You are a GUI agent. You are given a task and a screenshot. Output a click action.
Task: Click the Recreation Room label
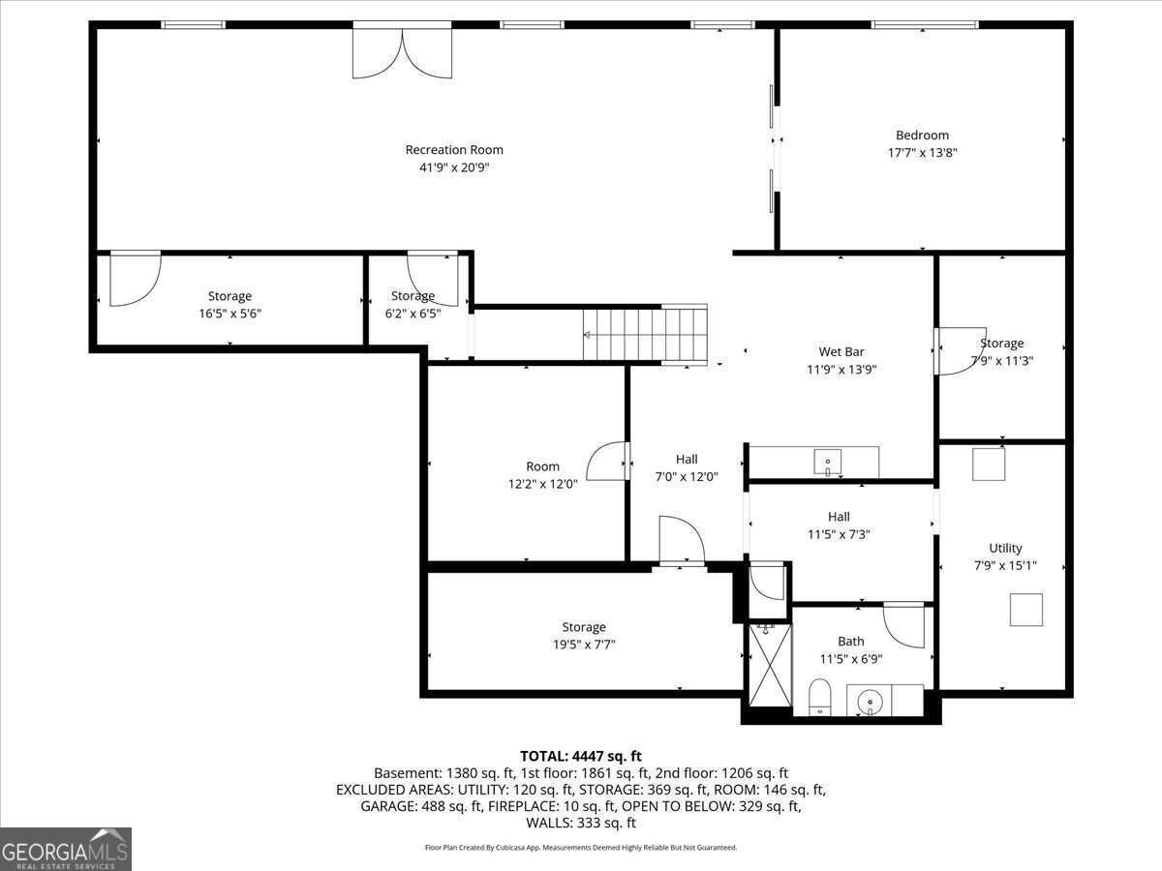[x=454, y=150]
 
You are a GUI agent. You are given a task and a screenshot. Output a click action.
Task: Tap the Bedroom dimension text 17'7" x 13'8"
[x=923, y=153]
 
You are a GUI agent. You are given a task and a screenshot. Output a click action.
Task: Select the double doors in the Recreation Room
[x=401, y=53]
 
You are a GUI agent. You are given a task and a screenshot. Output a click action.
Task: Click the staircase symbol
[x=647, y=334]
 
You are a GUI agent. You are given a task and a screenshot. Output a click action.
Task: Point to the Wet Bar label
[x=841, y=352]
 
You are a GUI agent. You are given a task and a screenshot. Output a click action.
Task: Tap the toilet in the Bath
[x=820, y=696]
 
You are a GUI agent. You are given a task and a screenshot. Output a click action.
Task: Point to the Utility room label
[x=1005, y=548]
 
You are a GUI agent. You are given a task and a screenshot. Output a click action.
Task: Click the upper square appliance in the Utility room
[x=989, y=465]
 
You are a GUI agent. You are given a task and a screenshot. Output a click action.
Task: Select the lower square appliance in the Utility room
[x=1026, y=611]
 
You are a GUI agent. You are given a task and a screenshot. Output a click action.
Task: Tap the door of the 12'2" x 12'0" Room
[x=608, y=461]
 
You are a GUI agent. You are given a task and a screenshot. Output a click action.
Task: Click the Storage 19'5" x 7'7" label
[x=583, y=627]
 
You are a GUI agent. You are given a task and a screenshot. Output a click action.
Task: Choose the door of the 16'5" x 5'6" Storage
[x=134, y=279]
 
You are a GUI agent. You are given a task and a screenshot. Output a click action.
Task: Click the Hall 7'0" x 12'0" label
[x=687, y=459]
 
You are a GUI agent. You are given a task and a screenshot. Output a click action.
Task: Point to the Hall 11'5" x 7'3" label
[x=839, y=517]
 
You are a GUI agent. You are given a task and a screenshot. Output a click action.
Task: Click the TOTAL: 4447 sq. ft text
[x=581, y=756]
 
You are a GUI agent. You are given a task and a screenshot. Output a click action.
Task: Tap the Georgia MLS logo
[x=66, y=849]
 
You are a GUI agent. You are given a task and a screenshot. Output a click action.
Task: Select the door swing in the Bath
[x=905, y=624]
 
